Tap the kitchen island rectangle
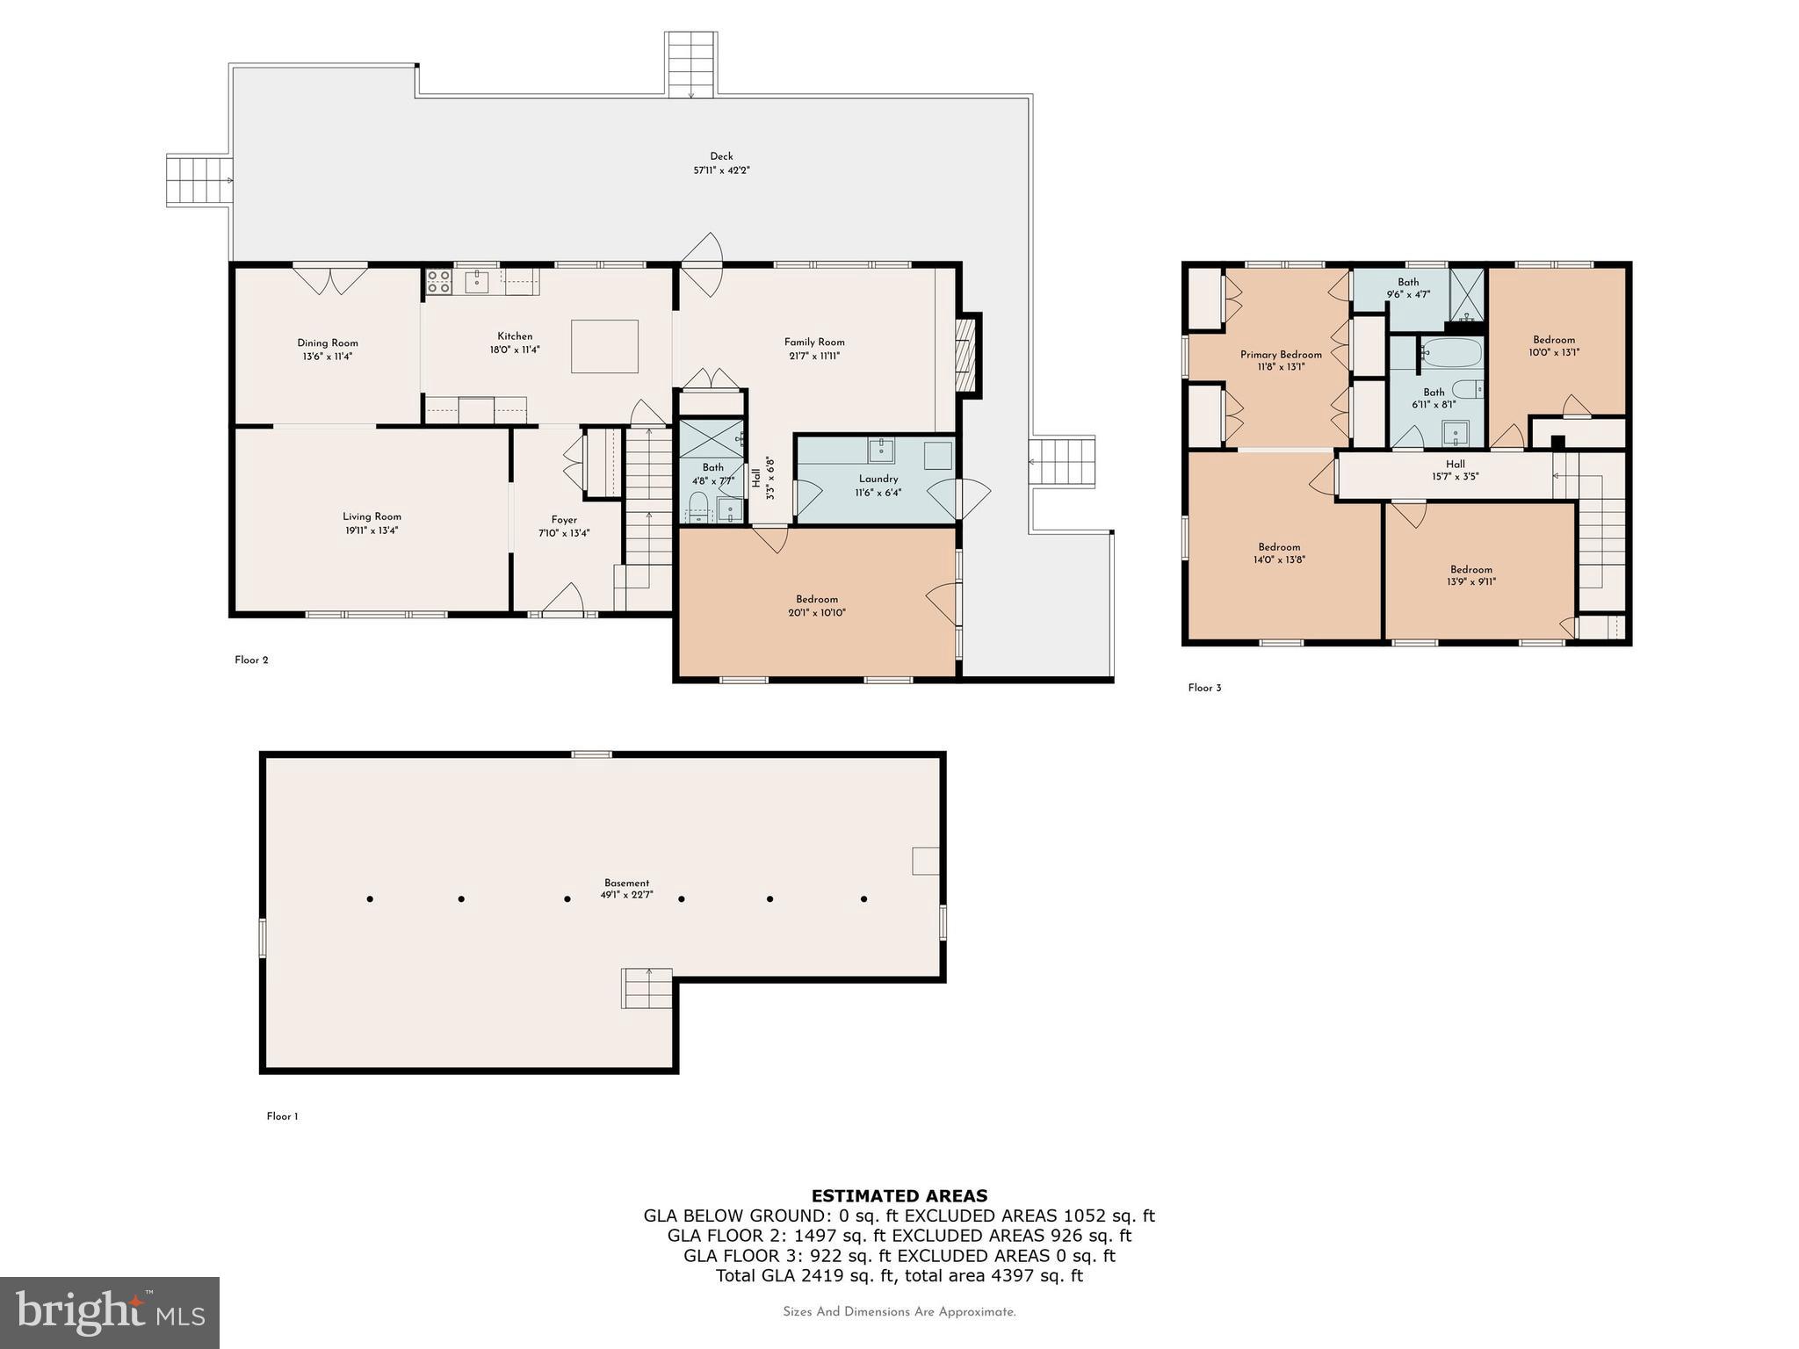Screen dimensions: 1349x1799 click(604, 346)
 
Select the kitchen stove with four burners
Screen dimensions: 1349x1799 click(438, 281)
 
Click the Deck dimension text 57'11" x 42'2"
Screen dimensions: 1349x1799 click(721, 170)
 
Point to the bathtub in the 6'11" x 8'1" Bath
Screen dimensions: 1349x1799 click(1450, 354)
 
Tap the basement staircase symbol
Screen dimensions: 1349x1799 click(647, 989)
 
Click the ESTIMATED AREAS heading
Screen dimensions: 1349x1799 click(899, 1195)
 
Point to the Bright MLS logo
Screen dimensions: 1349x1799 click(110, 1312)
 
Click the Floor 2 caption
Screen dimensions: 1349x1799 click(251, 660)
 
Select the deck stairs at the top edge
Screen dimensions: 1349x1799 click(691, 64)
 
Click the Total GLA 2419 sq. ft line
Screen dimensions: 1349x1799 click(899, 1275)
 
